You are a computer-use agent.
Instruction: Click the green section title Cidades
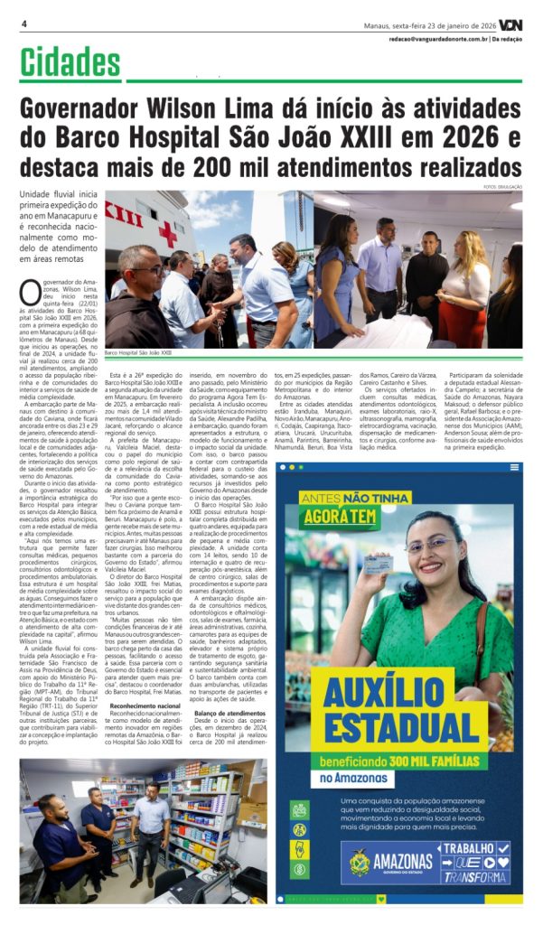tap(70, 62)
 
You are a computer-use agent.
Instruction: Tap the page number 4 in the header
tap(23, 23)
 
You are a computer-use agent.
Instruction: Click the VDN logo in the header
tap(510, 24)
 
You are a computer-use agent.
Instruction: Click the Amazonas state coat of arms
tap(360, 862)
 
